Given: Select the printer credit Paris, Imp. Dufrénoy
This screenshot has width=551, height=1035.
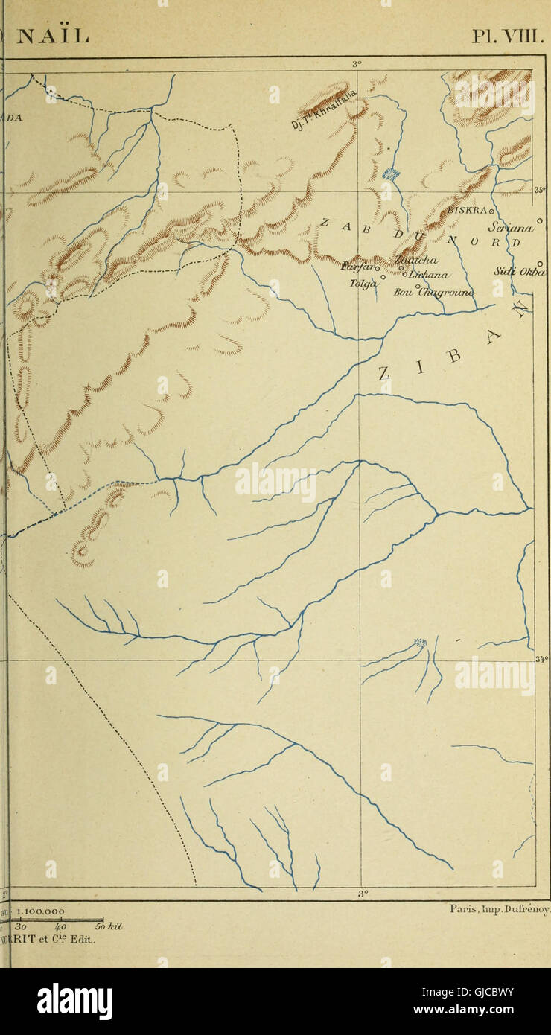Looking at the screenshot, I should click(500, 908).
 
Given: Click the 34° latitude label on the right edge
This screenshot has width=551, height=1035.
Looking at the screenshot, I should click(541, 658).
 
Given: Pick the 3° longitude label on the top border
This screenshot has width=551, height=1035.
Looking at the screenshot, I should click(357, 64).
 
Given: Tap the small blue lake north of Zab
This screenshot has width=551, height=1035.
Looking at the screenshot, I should click(390, 174).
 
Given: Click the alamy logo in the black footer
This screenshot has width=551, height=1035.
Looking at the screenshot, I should click(74, 1001).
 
